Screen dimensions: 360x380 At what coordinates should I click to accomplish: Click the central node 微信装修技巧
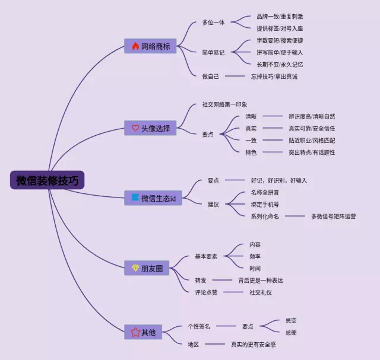(47, 180)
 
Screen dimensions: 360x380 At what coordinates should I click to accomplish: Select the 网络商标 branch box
(150, 46)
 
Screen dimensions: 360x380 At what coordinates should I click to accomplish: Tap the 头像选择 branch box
(150, 128)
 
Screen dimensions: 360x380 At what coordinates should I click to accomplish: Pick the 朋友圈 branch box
(147, 268)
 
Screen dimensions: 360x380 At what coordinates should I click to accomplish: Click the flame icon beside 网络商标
(135, 46)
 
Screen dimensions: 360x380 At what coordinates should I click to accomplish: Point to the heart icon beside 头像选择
(135, 128)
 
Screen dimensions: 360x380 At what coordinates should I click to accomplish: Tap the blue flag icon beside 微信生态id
(135, 197)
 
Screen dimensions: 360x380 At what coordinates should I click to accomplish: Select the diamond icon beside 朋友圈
(135, 268)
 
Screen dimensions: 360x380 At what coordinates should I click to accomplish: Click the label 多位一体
(213, 23)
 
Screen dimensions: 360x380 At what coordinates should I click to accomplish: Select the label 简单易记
(213, 52)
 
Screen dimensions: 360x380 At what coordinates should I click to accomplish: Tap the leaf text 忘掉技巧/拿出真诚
(274, 76)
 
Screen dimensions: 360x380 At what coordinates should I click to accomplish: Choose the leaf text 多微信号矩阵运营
(334, 216)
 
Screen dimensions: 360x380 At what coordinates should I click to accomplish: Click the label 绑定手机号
(265, 205)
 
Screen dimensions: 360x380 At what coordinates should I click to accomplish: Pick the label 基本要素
(206, 256)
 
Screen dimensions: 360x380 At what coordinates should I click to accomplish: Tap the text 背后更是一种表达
(261, 280)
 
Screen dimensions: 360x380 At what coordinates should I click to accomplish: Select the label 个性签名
(199, 326)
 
